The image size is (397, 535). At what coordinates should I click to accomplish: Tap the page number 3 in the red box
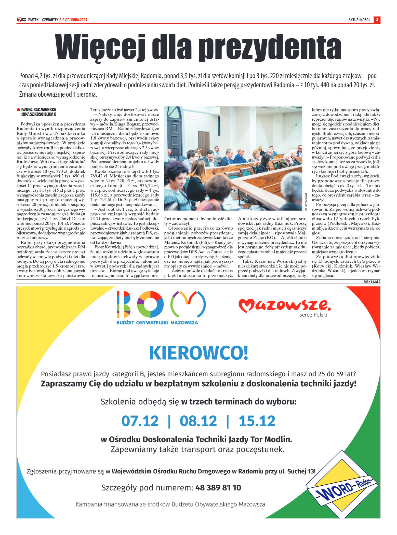click(x=377, y=20)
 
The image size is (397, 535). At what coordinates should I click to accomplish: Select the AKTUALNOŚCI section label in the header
click(x=359, y=20)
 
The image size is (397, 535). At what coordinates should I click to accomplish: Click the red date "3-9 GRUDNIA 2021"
click(x=73, y=20)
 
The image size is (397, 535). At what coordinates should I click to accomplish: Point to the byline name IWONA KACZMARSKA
click(x=39, y=110)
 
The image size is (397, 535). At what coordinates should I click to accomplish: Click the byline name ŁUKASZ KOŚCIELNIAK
click(x=39, y=114)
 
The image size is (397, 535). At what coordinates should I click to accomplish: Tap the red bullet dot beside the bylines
click(x=18, y=110)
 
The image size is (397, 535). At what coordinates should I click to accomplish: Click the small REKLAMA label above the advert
click(x=372, y=282)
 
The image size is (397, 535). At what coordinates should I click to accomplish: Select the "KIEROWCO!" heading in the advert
click(x=198, y=353)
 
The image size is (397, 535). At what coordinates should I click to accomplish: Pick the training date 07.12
click(x=140, y=421)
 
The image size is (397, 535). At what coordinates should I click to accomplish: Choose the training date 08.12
click(x=198, y=421)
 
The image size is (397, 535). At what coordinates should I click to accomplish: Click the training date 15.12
click(x=257, y=421)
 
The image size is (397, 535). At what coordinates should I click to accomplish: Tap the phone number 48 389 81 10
click(x=218, y=488)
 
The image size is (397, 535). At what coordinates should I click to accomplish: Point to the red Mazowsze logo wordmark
click(x=284, y=305)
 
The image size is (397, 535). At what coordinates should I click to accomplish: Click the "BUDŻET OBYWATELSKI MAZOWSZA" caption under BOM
click(x=157, y=323)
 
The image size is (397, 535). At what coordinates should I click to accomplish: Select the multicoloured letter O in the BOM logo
click(x=150, y=304)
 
